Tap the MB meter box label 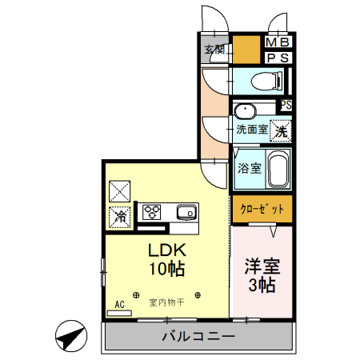pyautogui.click(x=278, y=42)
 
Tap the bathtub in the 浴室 pyautogui.click(x=278, y=168)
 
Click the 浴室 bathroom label pyautogui.click(x=249, y=168)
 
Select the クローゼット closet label pyautogui.click(x=262, y=209)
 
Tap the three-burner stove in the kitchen pyautogui.click(x=152, y=212)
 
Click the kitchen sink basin pyautogui.click(x=186, y=212)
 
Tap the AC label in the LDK pyautogui.click(x=119, y=304)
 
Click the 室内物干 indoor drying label pyautogui.click(x=166, y=303)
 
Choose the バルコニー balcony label pyautogui.click(x=198, y=336)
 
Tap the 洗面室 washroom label pyautogui.click(x=251, y=128)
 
